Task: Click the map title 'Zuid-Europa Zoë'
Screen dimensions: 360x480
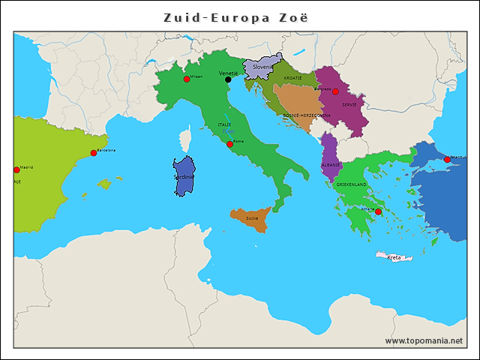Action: pos(236,17)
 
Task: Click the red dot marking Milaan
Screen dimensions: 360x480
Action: pos(186,79)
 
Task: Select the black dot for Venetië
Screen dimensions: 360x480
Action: pos(228,79)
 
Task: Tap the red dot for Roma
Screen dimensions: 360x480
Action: pos(229,144)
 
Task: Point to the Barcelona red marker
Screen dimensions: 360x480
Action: pos(94,153)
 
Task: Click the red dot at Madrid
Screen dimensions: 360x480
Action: pos(16,170)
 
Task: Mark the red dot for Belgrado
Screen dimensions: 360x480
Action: pos(335,91)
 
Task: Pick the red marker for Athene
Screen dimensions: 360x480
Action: pos(378,212)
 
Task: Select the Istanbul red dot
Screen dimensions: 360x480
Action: pos(447,160)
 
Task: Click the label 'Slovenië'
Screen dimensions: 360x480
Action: pos(265,67)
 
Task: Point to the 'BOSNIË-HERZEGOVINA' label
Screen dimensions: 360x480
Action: pos(306,115)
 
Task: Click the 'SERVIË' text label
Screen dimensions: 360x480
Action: pos(349,105)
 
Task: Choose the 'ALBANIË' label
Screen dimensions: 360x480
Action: pos(331,164)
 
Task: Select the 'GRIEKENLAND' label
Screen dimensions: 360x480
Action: pos(351,184)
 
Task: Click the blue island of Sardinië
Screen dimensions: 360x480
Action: pos(184,177)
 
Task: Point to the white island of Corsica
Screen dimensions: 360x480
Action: pos(186,139)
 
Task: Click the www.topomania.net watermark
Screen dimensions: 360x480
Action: pos(424,340)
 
